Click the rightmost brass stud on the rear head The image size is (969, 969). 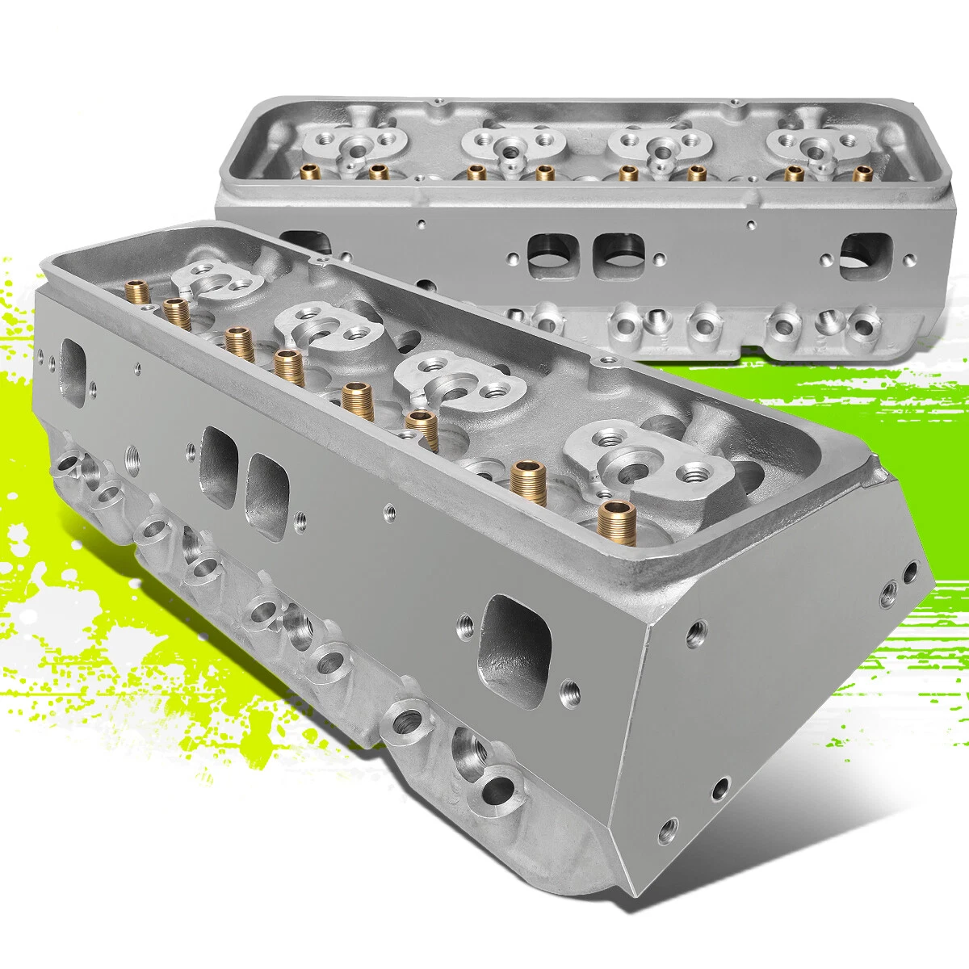tap(863, 172)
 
